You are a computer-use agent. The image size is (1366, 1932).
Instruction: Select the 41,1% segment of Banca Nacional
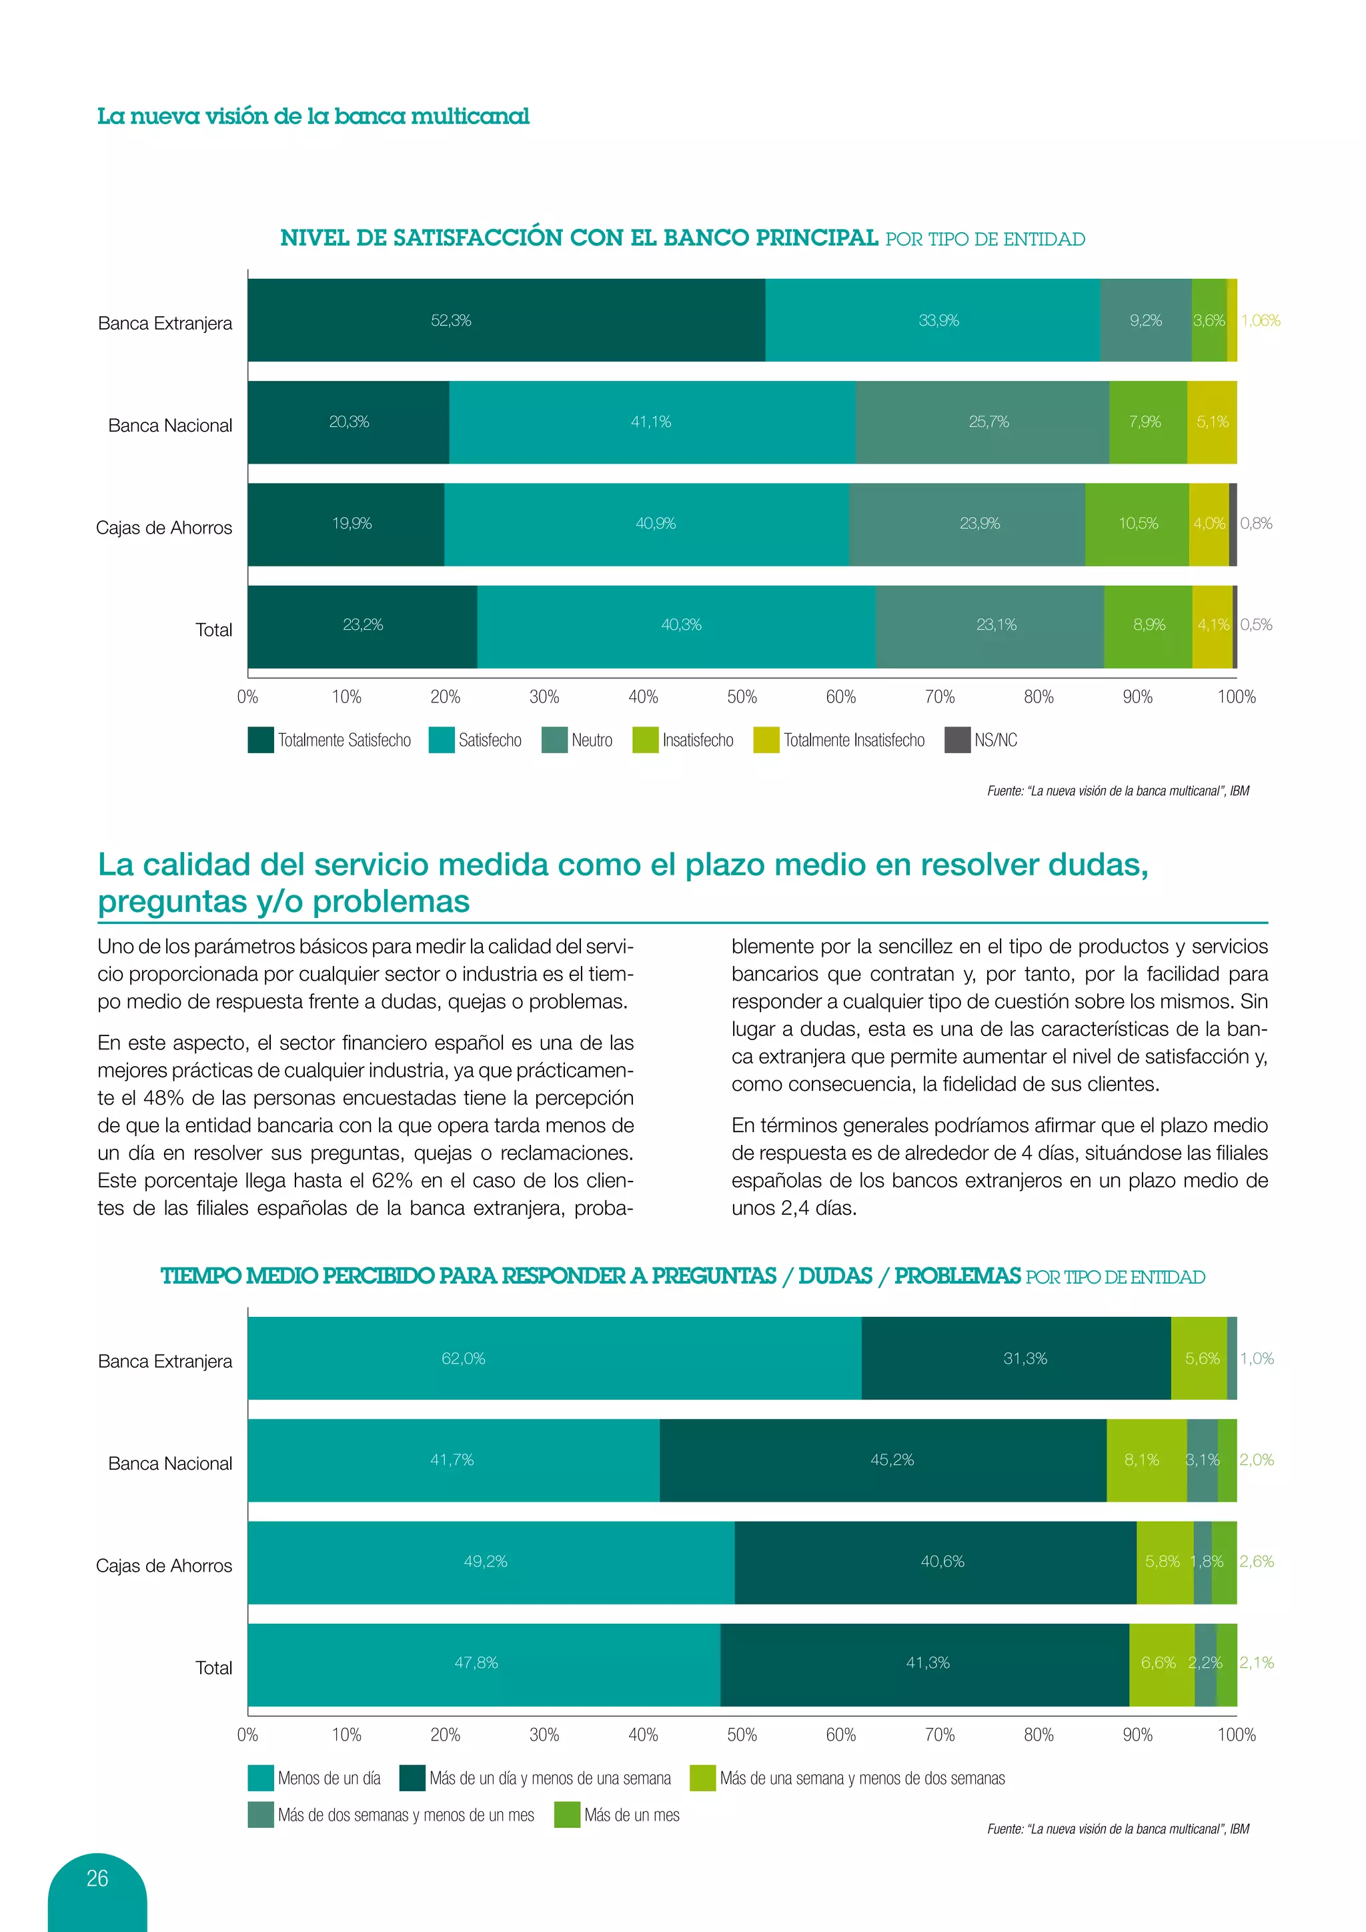[652, 422]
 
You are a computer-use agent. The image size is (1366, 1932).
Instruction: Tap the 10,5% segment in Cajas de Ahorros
[1137, 524]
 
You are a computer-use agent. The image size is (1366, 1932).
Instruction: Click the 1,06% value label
[1260, 321]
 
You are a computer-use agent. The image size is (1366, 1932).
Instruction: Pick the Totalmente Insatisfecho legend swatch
[766, 740]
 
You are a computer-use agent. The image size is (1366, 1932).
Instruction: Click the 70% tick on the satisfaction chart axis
[940, 696]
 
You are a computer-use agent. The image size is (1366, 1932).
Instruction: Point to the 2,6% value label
[1257, 1561]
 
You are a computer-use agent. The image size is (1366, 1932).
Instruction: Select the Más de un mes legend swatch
[568, 1815]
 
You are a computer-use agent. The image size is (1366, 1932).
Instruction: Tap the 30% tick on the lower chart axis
[544, 1735]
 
